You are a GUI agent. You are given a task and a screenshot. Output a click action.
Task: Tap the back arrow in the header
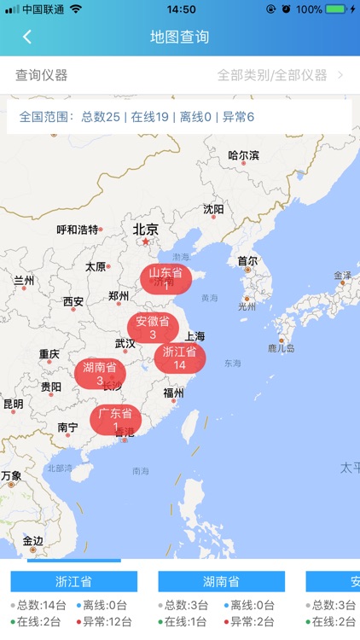[27, 37]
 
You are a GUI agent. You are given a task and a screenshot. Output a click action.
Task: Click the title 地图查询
[179, 37]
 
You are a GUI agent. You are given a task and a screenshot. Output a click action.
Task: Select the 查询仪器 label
[42, 75]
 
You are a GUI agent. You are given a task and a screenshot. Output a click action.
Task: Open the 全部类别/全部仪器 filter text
[272, 75]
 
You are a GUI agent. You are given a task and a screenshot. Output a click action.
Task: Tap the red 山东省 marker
[165, 279]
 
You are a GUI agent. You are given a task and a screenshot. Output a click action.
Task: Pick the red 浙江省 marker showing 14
[179, 358]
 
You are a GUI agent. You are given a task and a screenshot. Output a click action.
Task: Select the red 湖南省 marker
[100, 373]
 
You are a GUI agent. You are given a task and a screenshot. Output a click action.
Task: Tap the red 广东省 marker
[115, 420]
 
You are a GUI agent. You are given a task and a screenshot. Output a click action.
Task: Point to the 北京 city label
[146, 229]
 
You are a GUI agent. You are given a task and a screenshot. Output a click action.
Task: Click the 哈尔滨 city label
[243, 155]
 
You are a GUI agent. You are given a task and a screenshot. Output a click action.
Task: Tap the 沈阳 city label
[213, 209]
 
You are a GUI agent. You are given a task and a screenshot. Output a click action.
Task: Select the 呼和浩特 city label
[78, 230]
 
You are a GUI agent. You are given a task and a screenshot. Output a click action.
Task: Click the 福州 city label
[173, 393]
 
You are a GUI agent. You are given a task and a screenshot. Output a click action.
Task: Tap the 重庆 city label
[49, 353]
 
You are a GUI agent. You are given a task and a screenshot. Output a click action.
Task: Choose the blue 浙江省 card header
[73, 582]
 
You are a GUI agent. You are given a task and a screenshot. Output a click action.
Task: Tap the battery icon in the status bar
[336, 9]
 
